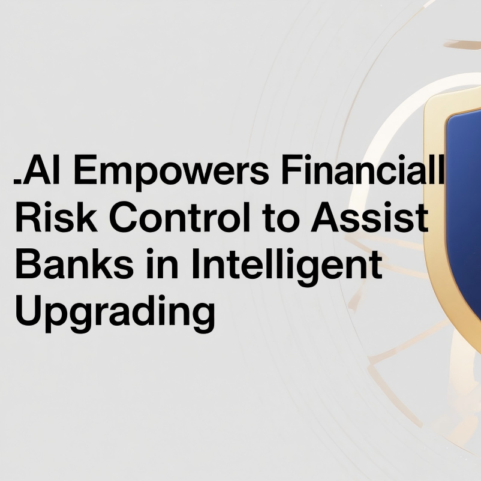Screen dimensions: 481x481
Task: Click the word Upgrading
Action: pos(115,313)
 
